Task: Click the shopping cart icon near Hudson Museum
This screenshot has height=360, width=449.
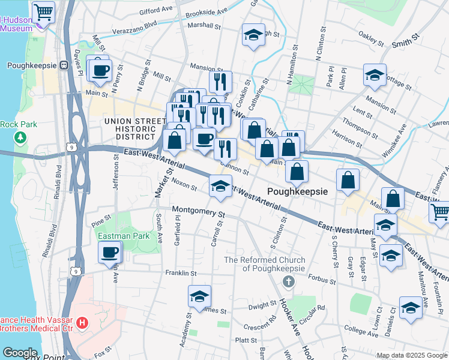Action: pos(43,12)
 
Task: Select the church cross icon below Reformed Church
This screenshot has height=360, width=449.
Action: pos(289,281)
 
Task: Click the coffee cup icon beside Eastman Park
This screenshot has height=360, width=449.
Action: pos(109,253)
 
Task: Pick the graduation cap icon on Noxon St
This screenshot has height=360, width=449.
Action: pos(220,187)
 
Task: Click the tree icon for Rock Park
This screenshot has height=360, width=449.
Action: pos(22,138)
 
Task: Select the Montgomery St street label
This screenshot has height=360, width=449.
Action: pos(198,211)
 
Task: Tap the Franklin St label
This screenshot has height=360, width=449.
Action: pos(181,273)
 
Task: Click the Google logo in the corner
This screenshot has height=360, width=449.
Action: pos(20,353)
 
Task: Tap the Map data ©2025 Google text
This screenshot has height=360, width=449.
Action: pos(412,355)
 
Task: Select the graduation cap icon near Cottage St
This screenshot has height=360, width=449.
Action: pos(375,76)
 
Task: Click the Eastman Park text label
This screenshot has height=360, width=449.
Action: pos(124,236)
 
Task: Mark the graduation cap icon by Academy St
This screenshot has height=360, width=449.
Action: pos(199,296)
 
